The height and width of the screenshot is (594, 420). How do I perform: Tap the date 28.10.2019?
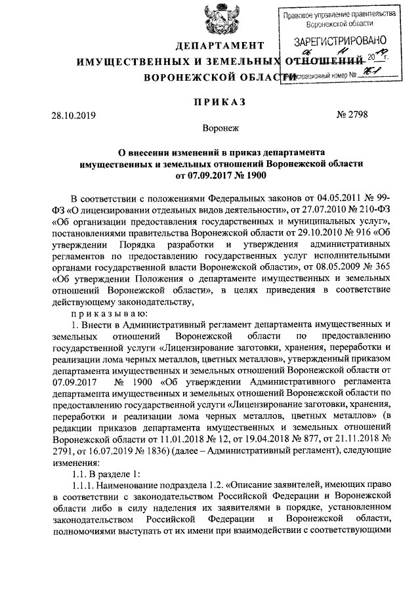tap(73, 116)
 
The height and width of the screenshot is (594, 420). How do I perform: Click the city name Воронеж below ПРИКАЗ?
tap(217, 130)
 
